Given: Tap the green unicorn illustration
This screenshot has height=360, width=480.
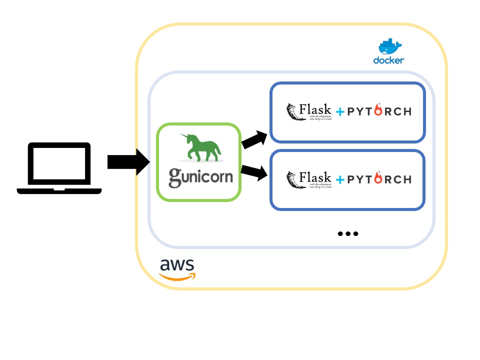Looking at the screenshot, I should pos(200,148).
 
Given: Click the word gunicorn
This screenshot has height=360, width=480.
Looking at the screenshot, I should pos(200,177).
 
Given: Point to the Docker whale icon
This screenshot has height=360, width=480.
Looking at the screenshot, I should pos(389,46).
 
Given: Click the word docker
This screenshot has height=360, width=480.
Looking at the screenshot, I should pos(388,60).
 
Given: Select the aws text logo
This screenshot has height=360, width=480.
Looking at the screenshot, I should pos(176,264).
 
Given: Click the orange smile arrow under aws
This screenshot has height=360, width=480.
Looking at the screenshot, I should pos(178,276).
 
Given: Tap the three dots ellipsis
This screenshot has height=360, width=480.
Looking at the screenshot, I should pos(348,233).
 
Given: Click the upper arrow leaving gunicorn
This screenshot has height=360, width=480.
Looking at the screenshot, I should pos(255,139).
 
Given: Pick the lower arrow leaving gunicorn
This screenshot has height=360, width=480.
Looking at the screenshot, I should pos(254,172).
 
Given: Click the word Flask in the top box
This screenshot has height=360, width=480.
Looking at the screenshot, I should pos(315,108).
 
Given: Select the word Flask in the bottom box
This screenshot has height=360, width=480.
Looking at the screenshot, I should pos(315,177).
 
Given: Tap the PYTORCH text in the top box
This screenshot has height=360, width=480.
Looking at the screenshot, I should pos(379,111).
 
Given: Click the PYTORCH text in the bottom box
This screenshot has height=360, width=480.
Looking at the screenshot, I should pos(379,179).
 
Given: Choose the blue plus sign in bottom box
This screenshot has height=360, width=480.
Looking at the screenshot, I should pos(340,179).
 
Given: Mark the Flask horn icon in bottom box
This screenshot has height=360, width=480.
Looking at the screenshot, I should pos(292,179).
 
